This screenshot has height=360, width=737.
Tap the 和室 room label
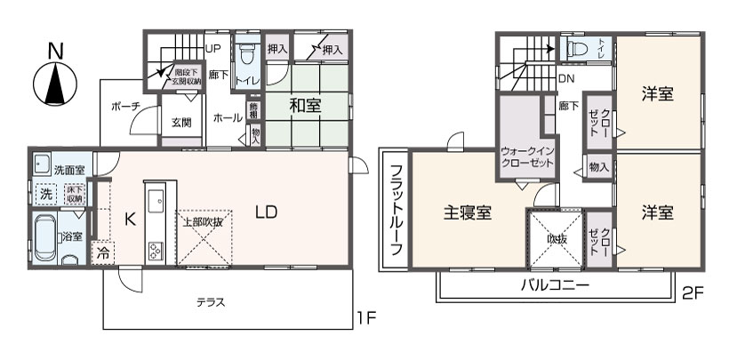pos(305,105)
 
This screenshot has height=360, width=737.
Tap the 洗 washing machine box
pos(44,192)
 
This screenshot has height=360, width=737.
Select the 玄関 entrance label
pos(181,122)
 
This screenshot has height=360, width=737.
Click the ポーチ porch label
pos(125,107)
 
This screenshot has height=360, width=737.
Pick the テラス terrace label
pos(211,302)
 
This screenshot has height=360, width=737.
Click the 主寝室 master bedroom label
pos(468,213)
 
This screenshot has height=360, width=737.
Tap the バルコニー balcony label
pos(554,285)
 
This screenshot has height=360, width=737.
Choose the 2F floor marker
pos(693,291)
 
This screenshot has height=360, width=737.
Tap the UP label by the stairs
pos(213,48)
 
